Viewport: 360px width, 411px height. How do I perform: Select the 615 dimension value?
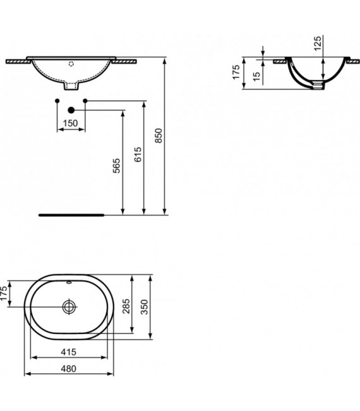(138, 155)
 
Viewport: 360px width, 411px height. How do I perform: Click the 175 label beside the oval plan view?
(5, 294)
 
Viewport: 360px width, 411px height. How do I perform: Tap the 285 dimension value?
(127, 307)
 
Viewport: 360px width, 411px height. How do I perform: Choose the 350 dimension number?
(146, 307)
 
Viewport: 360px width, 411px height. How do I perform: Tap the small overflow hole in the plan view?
(69, 282)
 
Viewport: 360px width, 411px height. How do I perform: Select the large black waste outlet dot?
(71, 110)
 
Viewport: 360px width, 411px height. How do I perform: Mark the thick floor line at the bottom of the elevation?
(71, 215)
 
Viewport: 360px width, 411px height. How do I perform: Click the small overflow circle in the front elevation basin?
(71, 63)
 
